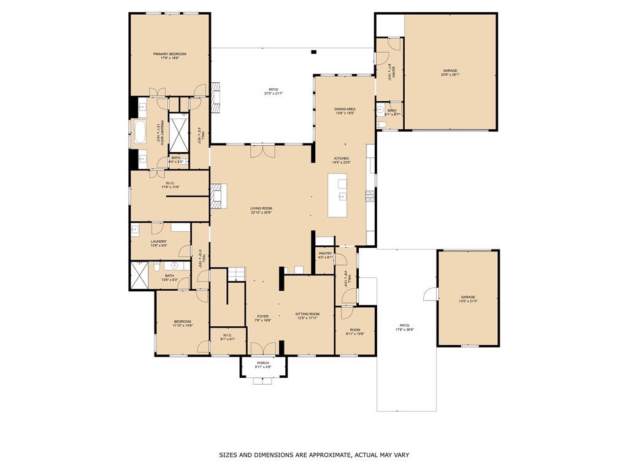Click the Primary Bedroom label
tap(169, 55)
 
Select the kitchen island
tap(337, 195)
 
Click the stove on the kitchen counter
tap(370, 196)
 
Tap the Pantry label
tap(325, 253)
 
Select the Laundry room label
tap(159, 242)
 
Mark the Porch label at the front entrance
tap(263, 363)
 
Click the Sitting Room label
tap(307, 314)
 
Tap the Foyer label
tap(263, 317)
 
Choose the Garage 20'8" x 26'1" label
tap(450, 71)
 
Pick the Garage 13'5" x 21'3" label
tap(467, 299)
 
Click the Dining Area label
tap(345, 109)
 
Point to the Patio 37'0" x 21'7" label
tap(273, 90)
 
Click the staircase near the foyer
tap(237, 274)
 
